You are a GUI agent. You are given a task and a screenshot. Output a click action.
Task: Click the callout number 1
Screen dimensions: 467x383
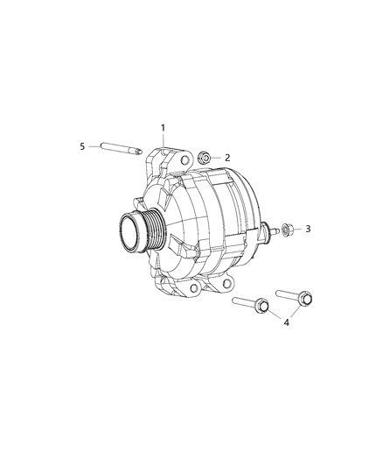pos(164,129)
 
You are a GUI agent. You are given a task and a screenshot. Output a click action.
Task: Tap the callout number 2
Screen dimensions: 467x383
pos(227,158)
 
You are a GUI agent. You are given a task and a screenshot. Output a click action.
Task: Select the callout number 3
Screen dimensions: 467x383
pos(306,230)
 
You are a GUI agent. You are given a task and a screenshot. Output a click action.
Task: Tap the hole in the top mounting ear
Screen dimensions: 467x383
pos(186,162)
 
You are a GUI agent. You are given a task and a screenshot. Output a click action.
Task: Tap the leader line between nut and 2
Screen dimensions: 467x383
pos(216,158)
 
